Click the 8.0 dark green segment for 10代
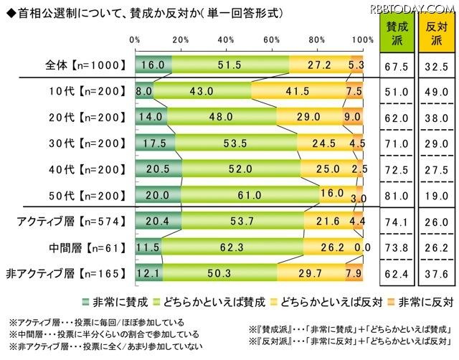[143, 93]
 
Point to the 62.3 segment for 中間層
[232, 247]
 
